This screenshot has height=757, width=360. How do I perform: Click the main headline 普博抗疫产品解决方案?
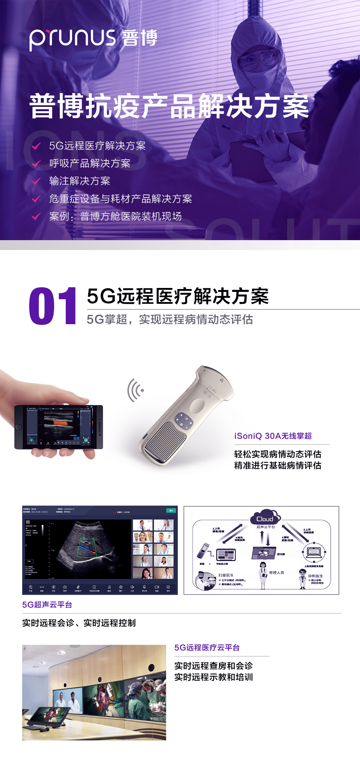click(x=169, y=106)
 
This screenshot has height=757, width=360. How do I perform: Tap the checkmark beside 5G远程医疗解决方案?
click(x=36, y=146)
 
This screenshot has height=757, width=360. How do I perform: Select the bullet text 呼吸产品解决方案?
click(x=90, y=163)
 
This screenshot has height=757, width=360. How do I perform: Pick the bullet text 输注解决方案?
click(x=79, y=181)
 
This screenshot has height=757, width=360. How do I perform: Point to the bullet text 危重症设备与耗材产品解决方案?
click(x=120, y=199)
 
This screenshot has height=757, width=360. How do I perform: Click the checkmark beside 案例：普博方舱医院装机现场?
click(x=36, y=217)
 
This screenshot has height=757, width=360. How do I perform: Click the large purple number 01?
click(x=52, y=306)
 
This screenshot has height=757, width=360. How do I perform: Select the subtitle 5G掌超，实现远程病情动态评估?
click(x=169, y=319)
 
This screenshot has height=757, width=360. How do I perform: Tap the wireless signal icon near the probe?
click(x=135, y=390)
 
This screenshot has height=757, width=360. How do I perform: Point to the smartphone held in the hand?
click(x=58, y=427)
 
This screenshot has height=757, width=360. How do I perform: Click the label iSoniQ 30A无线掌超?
click(x=273, y=436)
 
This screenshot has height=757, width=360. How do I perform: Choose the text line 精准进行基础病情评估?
click(x=278, y=466)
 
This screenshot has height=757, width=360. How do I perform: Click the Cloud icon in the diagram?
click(x=265, y=518)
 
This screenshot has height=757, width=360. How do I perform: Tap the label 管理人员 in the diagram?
click(x=276, y=573)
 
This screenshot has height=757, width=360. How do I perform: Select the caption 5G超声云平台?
click(x=47, y=605)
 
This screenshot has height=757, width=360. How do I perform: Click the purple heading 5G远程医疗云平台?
click(x=207, y=648)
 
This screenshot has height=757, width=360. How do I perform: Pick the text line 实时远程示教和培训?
click(x=213, y=677)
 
